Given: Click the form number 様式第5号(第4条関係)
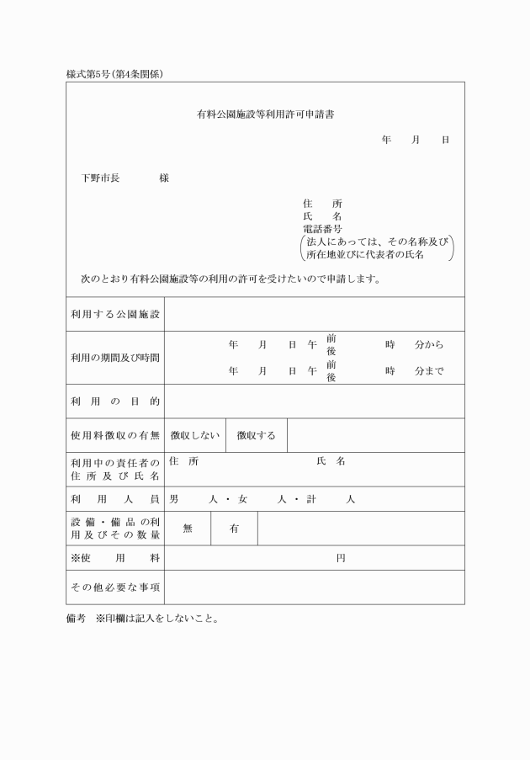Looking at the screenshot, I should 114,74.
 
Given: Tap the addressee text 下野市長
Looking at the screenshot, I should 100,178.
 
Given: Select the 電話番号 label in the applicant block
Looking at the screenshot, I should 322,228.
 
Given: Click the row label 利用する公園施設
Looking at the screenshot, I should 115,314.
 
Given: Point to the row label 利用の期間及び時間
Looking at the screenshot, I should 115,358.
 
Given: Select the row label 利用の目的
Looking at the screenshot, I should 115,401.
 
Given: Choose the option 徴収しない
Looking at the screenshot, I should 195,435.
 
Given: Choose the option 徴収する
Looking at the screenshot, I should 257,435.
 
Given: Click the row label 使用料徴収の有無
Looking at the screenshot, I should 115,435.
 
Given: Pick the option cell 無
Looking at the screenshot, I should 188,529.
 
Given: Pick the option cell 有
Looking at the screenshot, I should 234,529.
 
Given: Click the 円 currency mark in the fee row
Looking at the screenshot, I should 341,558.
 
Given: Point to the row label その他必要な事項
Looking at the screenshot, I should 115,587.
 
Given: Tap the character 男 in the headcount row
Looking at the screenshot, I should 173,499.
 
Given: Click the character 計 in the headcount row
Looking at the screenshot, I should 311,499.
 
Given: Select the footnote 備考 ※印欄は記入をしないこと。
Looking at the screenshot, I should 143,619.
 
